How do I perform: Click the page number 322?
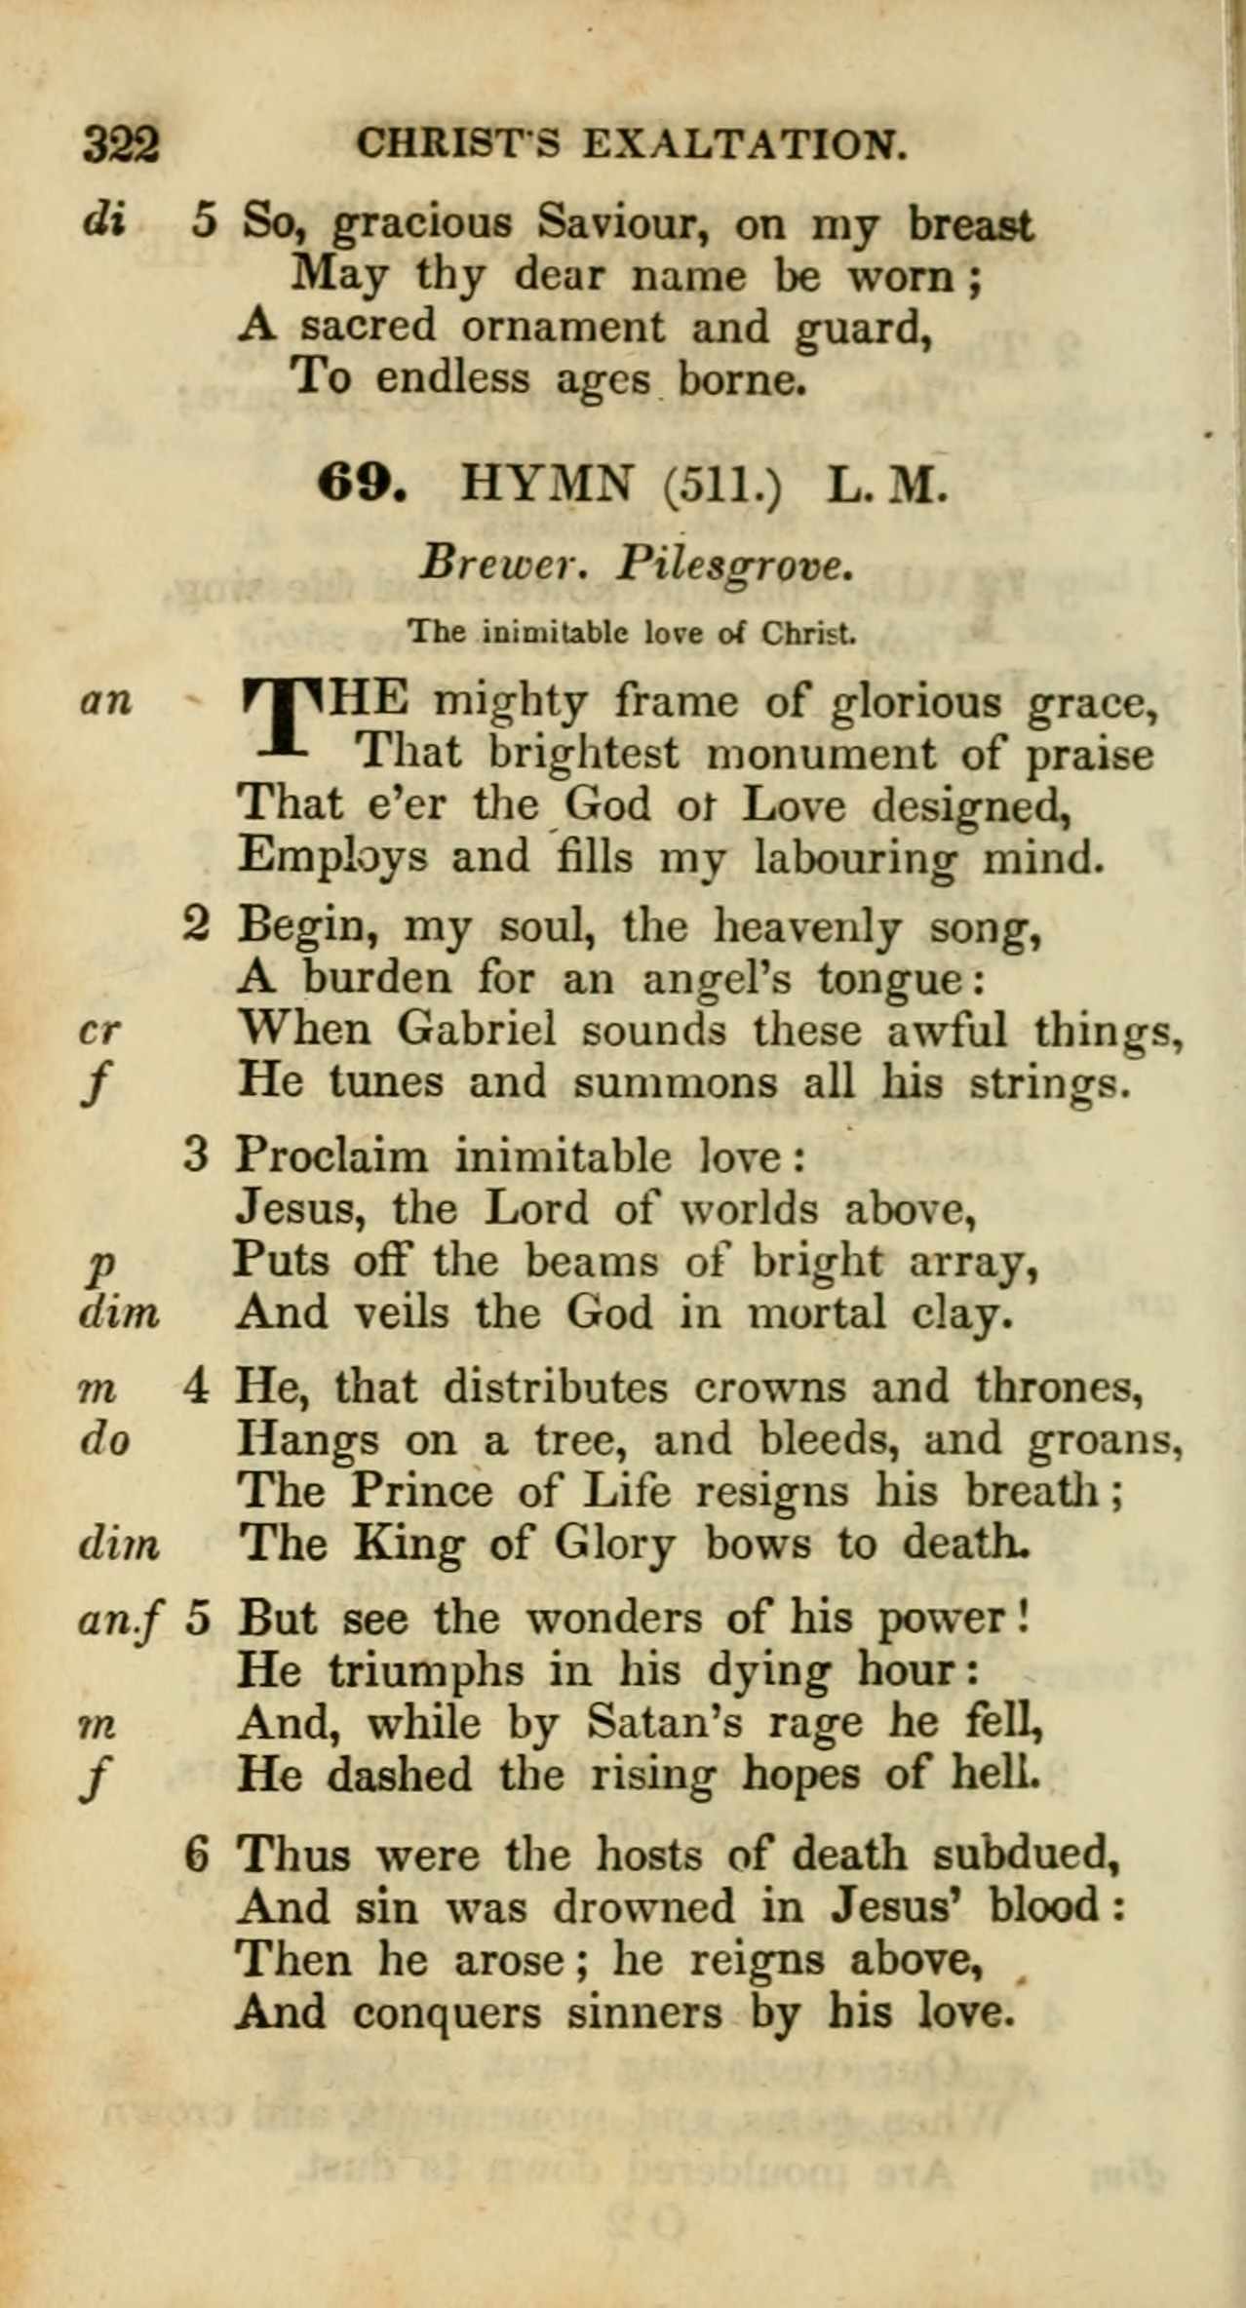(x=121, y=145)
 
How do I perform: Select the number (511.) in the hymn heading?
(x=721, y=484)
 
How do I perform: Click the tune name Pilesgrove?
(x=735, y=564)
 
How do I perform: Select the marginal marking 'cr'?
(x=100, y=1031)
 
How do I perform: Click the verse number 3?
(x=196, y=1156)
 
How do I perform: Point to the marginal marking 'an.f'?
(x=120, y=1621)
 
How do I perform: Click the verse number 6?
(x=196, y=1854)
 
